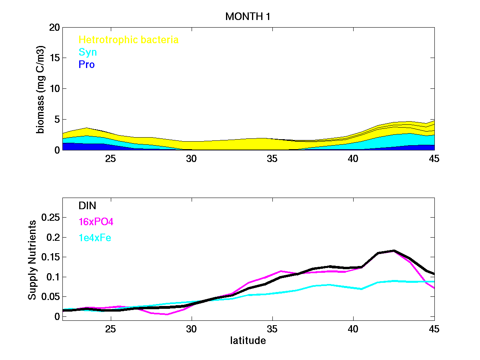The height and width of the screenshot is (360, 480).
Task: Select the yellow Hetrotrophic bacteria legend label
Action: [x=128, y=40]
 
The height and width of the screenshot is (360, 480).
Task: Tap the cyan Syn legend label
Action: [x=88, y=52]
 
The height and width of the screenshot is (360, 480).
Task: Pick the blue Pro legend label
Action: [x=87, y=64]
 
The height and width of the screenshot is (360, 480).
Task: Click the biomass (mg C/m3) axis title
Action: [x=41, y=89]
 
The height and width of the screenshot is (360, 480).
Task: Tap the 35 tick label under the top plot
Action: [x=272, y=158]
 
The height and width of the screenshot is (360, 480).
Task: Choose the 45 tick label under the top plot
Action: [x=434, y=158]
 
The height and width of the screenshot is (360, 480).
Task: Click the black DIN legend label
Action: [x=88, y=206]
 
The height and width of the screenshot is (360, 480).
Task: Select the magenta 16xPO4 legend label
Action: [x=94, y=222]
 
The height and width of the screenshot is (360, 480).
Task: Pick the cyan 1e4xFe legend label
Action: [x=95, y=238]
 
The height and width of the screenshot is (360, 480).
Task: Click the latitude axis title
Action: [x=248, y=341]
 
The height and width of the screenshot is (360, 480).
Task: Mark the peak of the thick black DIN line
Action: [x=394, y=251]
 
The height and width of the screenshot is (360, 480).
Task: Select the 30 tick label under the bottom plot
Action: [x=192, y=329]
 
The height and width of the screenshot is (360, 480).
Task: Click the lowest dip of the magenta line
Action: [x=167, y=314]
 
